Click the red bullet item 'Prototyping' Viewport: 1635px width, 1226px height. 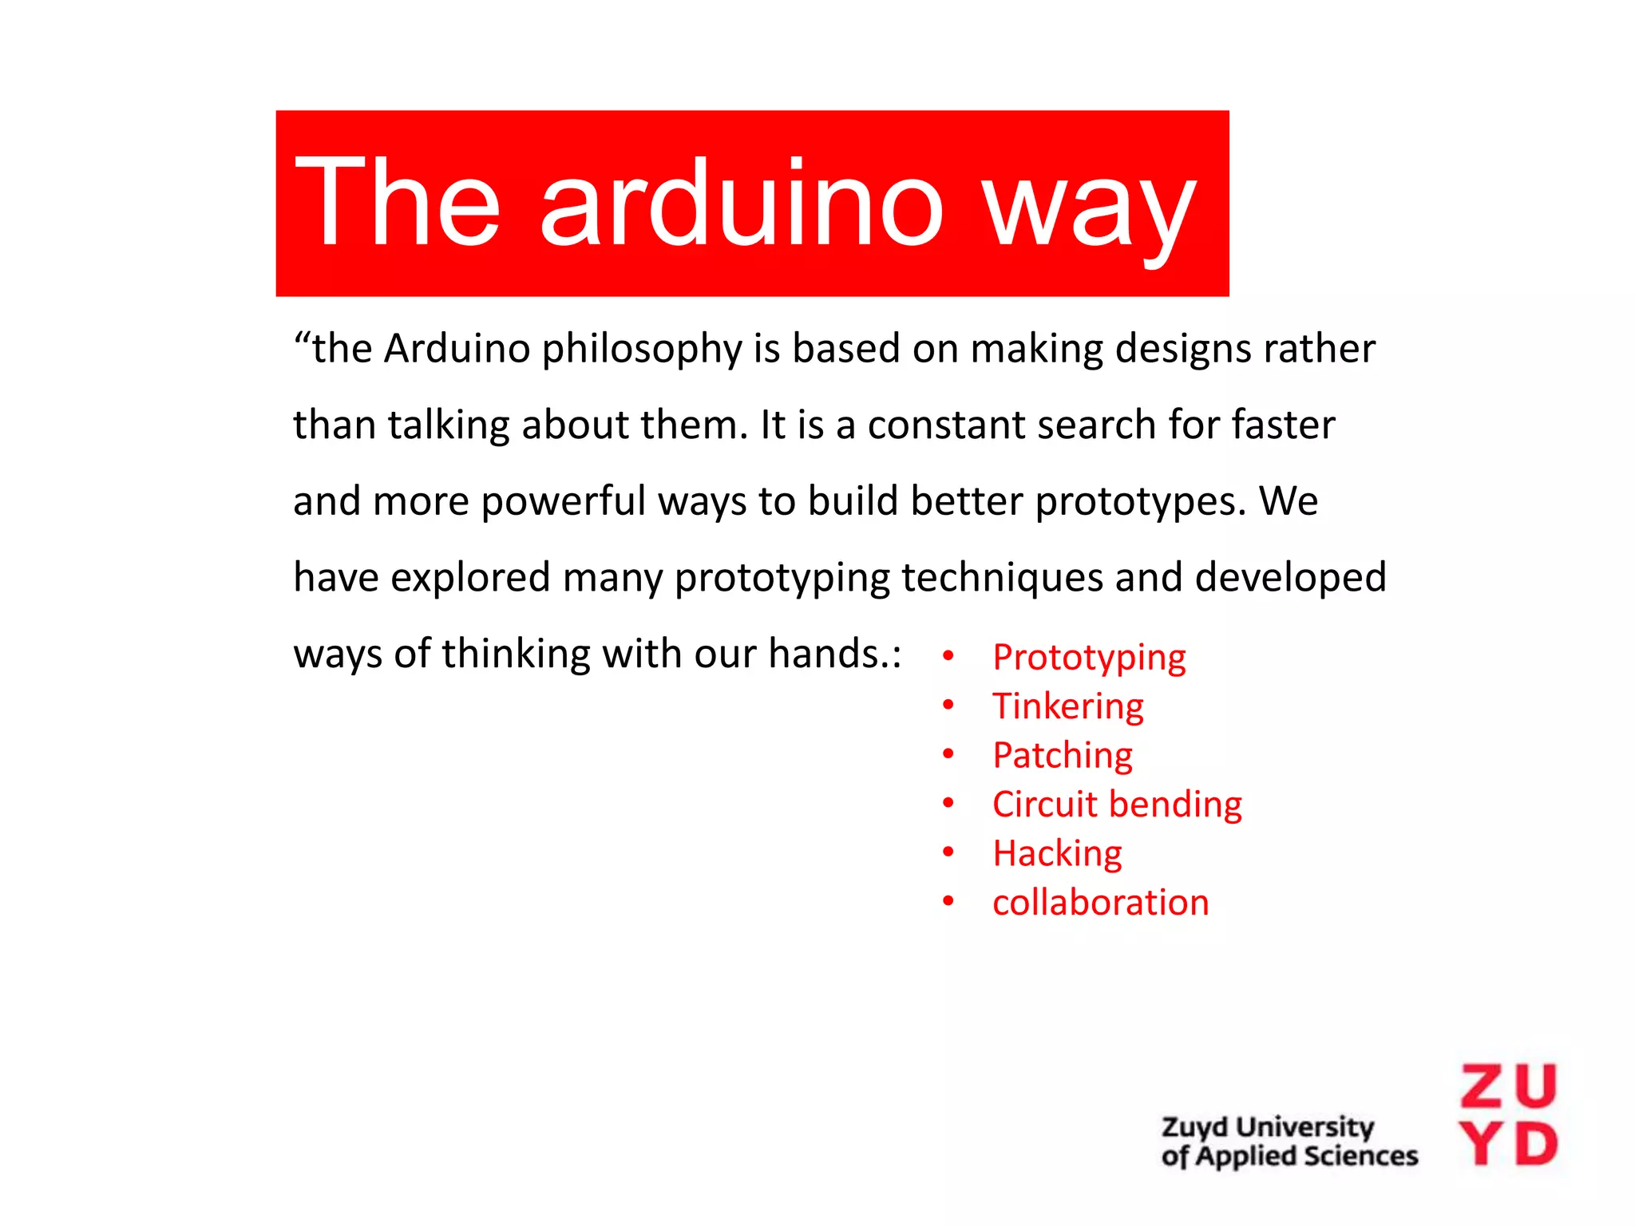(x=1089, y=658)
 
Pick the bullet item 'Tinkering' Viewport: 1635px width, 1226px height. (x=1067, y=706)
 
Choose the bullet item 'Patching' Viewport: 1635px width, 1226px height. (x=1062, y=755)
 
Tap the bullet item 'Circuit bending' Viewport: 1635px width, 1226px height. (x=1117, y=805)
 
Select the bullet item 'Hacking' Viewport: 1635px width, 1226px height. (x=1057, y=853)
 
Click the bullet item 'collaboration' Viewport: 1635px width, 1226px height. (x=1100, y=903)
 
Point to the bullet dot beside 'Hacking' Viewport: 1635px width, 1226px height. (x=948, y=852)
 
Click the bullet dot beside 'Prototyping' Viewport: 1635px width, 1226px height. (x=948, y=656)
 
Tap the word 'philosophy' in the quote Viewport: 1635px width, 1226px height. (x=642, y=350)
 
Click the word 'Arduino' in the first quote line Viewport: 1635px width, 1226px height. (x=457, y=348)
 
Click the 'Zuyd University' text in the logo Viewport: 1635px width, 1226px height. (x=1267, y=1127)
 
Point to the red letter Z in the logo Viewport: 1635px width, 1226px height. (x=1483, y=1086)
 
